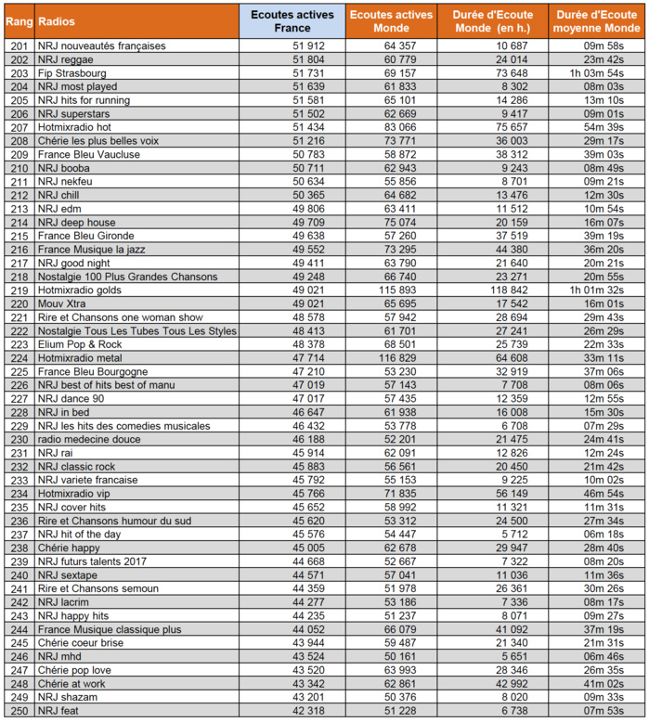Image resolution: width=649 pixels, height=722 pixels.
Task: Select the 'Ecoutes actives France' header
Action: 292,20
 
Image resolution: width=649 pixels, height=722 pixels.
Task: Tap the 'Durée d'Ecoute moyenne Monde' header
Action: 595,20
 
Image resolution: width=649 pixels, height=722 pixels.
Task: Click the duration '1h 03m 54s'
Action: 596,72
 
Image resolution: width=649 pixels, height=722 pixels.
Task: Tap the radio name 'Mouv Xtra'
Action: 62,303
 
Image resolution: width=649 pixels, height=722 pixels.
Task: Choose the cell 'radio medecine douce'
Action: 86,439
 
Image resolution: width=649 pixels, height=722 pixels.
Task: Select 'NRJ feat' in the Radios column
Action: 58,711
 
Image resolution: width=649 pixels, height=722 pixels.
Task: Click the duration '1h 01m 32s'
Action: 596,290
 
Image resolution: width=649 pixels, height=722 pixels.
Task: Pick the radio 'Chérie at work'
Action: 71,684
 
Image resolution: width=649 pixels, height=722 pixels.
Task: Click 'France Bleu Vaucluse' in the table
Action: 88,154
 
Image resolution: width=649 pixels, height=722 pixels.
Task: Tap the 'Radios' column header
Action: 57,20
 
